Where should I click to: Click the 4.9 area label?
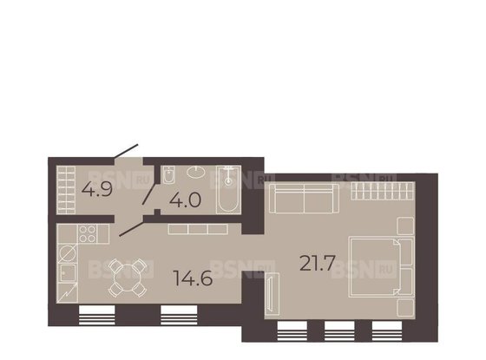click(95, 190)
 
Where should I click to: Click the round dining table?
click(127, 279)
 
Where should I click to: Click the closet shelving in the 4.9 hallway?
click(63, 189)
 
